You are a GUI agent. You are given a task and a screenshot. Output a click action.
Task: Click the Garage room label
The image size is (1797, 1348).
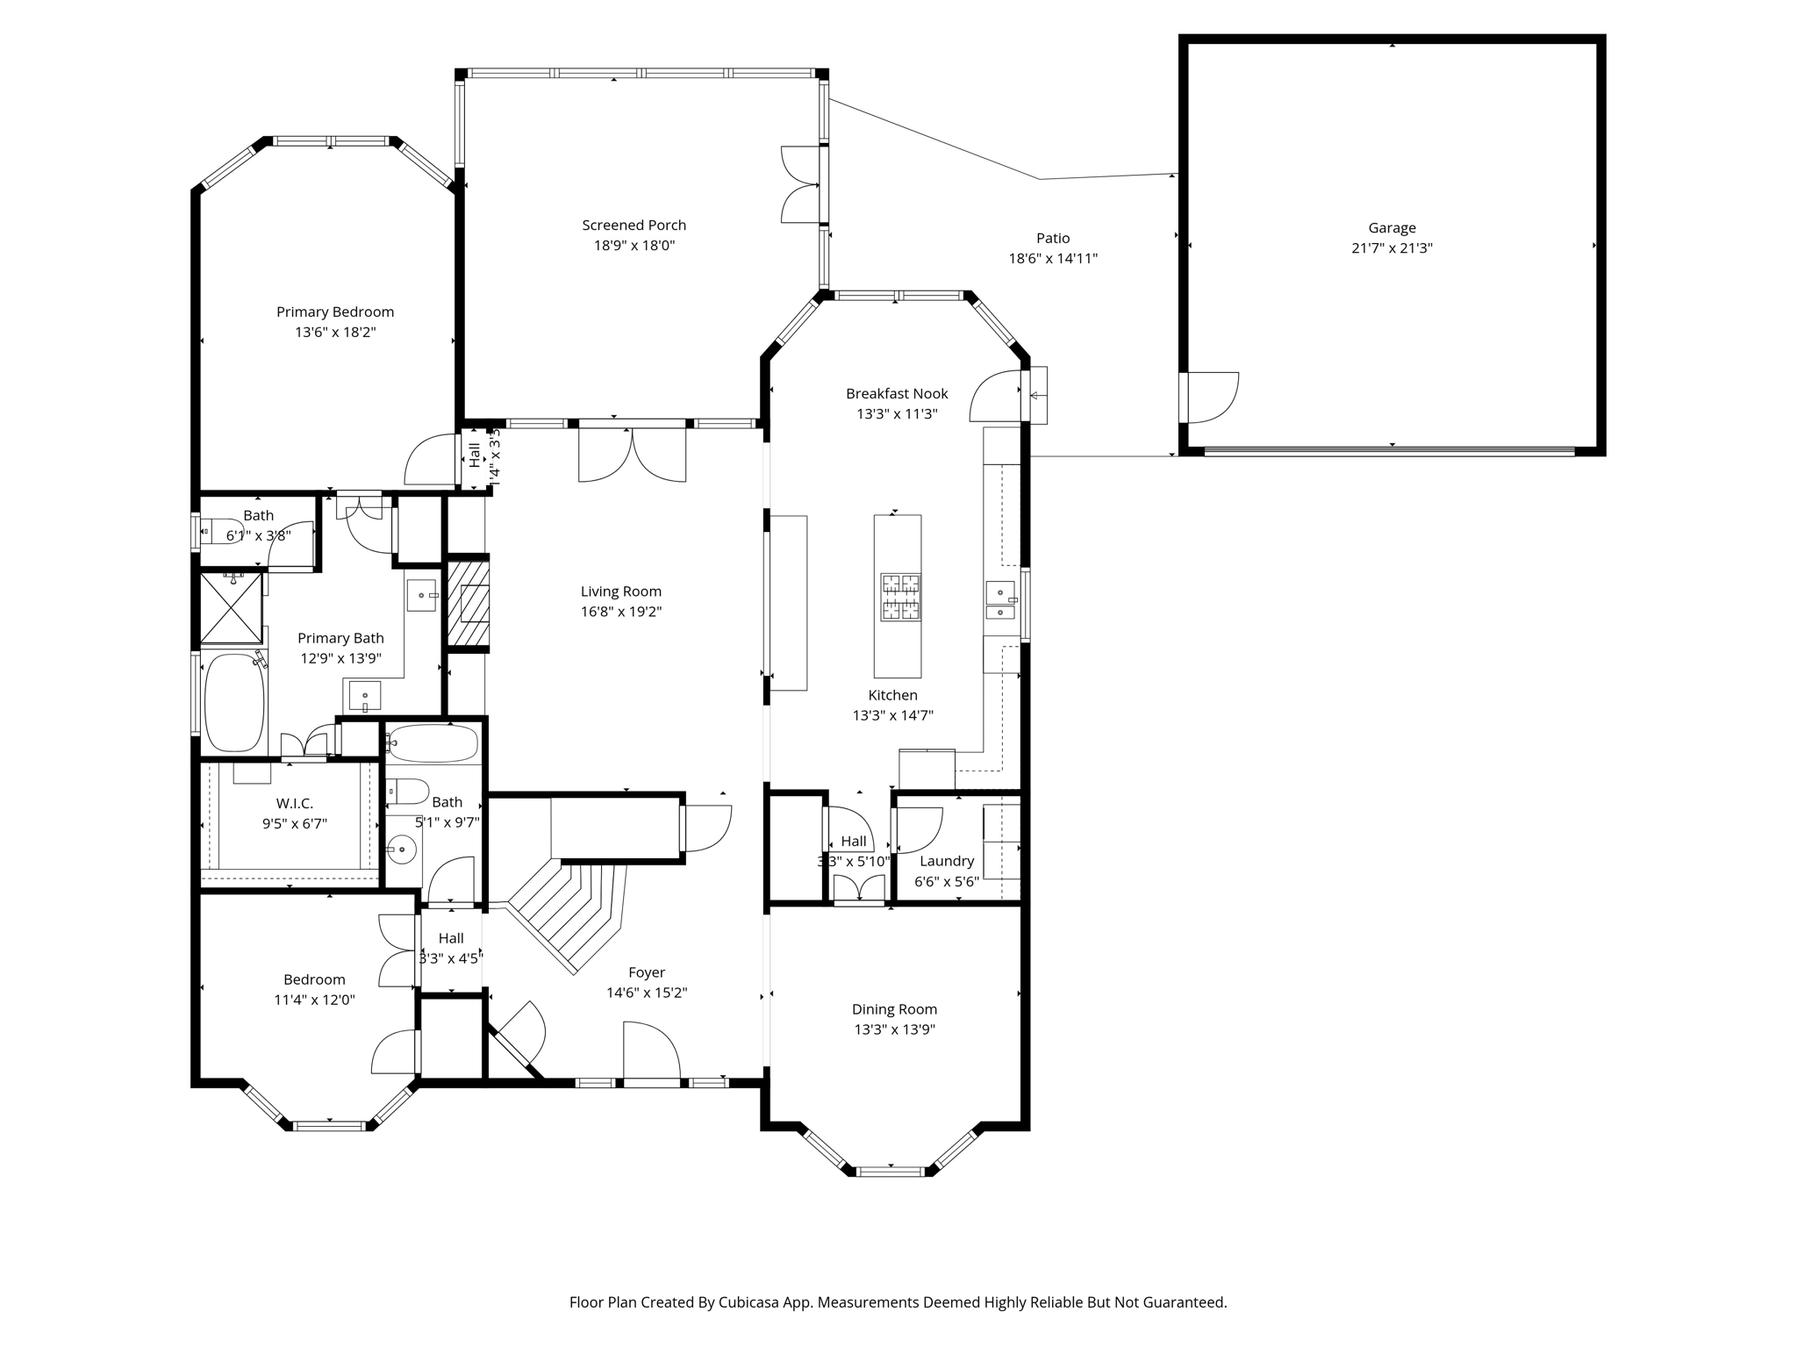pyautogui.click(x=1392, y=228)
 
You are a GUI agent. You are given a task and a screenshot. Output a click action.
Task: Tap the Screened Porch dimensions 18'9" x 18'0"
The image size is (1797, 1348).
pyautogui.click(x=634, y=246)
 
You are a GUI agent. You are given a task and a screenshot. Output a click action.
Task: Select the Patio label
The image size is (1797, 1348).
pyautogui.click(x=1053, y=238)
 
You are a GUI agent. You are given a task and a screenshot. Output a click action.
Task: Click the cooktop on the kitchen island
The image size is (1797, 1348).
pyautogui.click(x=900, y=597)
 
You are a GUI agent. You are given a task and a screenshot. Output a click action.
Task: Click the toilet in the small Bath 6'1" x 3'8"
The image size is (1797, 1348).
pyautogui.click(x=220, y=532)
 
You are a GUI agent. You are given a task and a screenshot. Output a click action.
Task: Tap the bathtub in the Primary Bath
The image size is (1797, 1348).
pyautogui.click(x=234, y=702)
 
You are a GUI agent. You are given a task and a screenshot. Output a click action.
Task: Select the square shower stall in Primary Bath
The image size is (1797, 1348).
pyautogui.click(x=232, y=607)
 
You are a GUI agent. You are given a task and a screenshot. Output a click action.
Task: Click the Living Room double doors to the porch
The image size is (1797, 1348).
pyautogui.click(x=632, y=455)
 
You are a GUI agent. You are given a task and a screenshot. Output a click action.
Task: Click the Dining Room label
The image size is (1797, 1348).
pyautogui.click(x=894, y=1009)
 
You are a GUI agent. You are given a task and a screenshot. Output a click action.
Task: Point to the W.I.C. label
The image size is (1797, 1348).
pyautogui.click(x=295, y=803)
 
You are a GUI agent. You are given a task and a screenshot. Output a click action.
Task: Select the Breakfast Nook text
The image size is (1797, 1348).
pyautogui.click(x=897, y=393)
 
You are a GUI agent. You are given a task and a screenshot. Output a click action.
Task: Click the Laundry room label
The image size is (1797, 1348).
pyautogui.click(x=947, y=861)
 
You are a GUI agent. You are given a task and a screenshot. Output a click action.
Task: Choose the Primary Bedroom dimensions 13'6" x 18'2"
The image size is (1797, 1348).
pyautogui.click(x=335, y=333)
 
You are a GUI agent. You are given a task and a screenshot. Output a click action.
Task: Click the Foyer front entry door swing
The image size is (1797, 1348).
pyautogui.click(x=651, y=1050)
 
